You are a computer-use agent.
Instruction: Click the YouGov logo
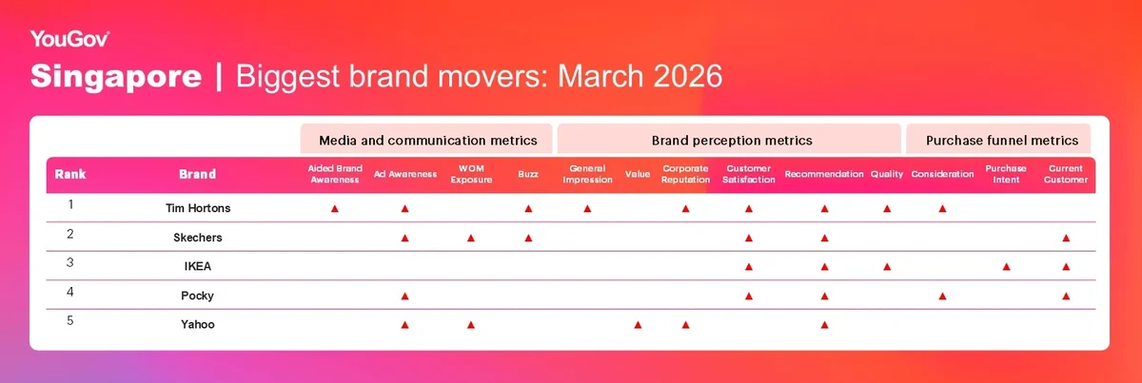(x=69, y=39)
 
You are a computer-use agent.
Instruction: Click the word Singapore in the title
(x=116, y=76)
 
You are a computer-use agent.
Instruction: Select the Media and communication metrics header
(x=427, y=140)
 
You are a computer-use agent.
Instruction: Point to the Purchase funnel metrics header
(x=1002, y=140)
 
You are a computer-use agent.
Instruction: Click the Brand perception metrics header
(x=732, y=140)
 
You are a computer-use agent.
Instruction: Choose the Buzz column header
(x=528, y=174)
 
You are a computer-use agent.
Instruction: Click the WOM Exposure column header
(x=471, y=174)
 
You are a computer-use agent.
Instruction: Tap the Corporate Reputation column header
(x=686, y=174)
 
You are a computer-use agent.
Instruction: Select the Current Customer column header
(x=1066, y=174)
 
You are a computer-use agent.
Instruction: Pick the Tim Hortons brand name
(x=198, y=208)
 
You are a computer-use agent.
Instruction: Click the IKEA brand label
(x=198, y=266)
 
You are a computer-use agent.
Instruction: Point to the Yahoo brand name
(x=198, y=324)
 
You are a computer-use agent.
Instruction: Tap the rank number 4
(x=69, y=292)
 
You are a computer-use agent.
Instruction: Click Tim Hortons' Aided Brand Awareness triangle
(x=334, y=209)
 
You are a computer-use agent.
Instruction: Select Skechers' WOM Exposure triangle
(x=470, y=238)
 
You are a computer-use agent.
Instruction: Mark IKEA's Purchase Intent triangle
(x=1006, y=267)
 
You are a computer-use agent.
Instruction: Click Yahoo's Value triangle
(x=638, y=325)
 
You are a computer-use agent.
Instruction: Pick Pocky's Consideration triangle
(x=942, y=296)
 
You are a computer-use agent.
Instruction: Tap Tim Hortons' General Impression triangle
(x=587, y=209)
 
